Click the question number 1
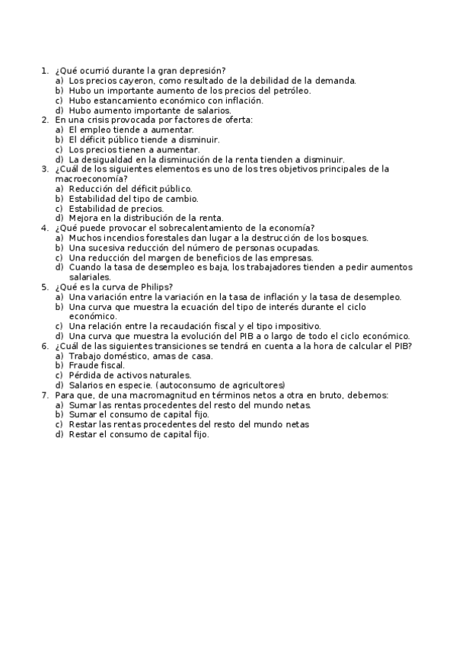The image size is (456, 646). click(x=43, y=70)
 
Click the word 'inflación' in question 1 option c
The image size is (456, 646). click(x=242, y=100)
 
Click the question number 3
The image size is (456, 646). click(x=43, y=169)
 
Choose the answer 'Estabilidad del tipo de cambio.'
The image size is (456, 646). click(x=133, y=198)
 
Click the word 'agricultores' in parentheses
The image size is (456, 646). click(x=256, y=385)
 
